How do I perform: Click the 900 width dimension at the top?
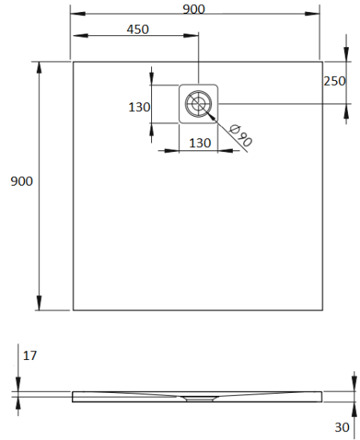click(x=194, y=9)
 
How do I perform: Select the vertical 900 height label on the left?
click(x=22, y=182)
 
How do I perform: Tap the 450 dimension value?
click(x=138, y=29)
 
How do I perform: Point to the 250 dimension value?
click(x=335, y=81)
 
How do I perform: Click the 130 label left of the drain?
click(x=140, y=106)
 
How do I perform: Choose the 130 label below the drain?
click(x=199, y=142)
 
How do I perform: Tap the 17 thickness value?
click(x=30, y=354)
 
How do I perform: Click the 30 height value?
click(x=342, y=427)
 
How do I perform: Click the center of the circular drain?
click(x=198, y=104)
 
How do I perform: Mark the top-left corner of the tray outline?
click(x=73, y=62)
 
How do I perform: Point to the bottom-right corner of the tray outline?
click(x=319, y=310)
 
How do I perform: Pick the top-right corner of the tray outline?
click(x=319, y=62)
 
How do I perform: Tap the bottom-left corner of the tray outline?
click(x=73, y=310)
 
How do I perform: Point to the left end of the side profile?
click(x=73, y=395)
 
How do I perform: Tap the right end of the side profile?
click(x=322, y=395)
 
